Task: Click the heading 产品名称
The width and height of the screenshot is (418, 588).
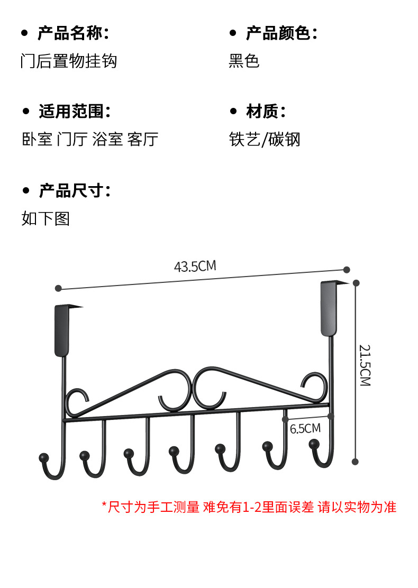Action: click(73, 34)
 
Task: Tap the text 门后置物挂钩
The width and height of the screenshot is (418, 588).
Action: click(68, 61)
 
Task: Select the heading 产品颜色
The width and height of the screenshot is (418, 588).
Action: click(281, 34)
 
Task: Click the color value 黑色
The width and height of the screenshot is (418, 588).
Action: click(244, 61)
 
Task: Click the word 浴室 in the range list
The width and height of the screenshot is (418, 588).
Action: click(107, 139)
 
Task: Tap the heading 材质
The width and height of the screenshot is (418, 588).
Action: click(265, 112)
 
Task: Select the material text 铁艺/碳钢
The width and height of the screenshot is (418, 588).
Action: click(265, 139)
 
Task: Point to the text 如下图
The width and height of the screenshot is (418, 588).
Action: click(46, 218)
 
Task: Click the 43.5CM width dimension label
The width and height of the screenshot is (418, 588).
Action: click(195, 266)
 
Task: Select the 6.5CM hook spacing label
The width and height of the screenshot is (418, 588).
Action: click(305, 428)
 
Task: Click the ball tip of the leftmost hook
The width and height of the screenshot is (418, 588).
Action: click(42, 457)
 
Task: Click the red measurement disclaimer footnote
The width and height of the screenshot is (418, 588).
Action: click(249, 507)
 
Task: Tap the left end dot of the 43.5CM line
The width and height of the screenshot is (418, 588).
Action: click(59, 289)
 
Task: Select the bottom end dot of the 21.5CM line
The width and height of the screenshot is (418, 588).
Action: click(356, 462)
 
